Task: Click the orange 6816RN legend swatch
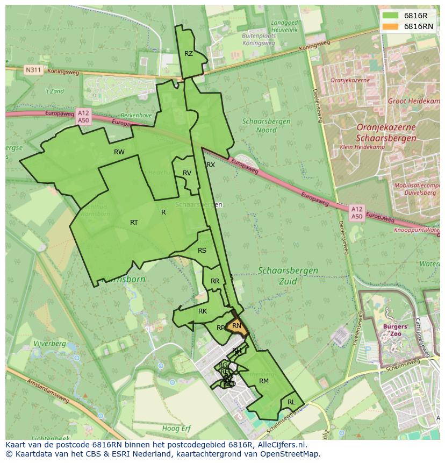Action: click(x=391, y=26)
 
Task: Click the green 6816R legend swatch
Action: click(x=391, y=16)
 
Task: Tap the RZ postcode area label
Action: click(x=188, y=54)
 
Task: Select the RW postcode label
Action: click(x=119, y=152)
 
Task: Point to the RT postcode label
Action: click(x=134, y=223)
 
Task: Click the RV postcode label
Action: click(x=187, y=173)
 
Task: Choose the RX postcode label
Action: click(x=211, y=165)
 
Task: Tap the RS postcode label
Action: click(x=202, y=251)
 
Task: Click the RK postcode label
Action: click(x=203, y=311)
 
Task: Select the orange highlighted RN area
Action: click(x=236, y=326)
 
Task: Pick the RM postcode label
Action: click(x=263, y=381)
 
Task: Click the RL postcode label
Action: click(x=291, y=402)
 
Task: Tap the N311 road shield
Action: click(x=33, y=70)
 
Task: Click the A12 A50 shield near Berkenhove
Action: click(x=83, y=117)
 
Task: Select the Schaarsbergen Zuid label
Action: click(x=288, y=275)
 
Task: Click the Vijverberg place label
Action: click(x=49, y=344)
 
